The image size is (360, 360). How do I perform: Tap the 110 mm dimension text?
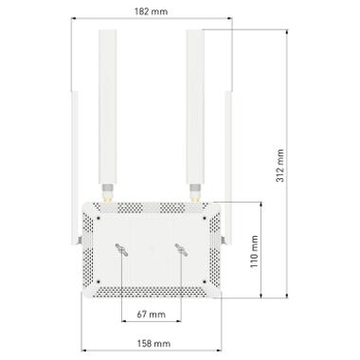(x=253, y=252)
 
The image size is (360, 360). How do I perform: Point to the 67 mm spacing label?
(x=151, y=314)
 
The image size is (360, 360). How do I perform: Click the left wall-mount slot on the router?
(x=122, y=249)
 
